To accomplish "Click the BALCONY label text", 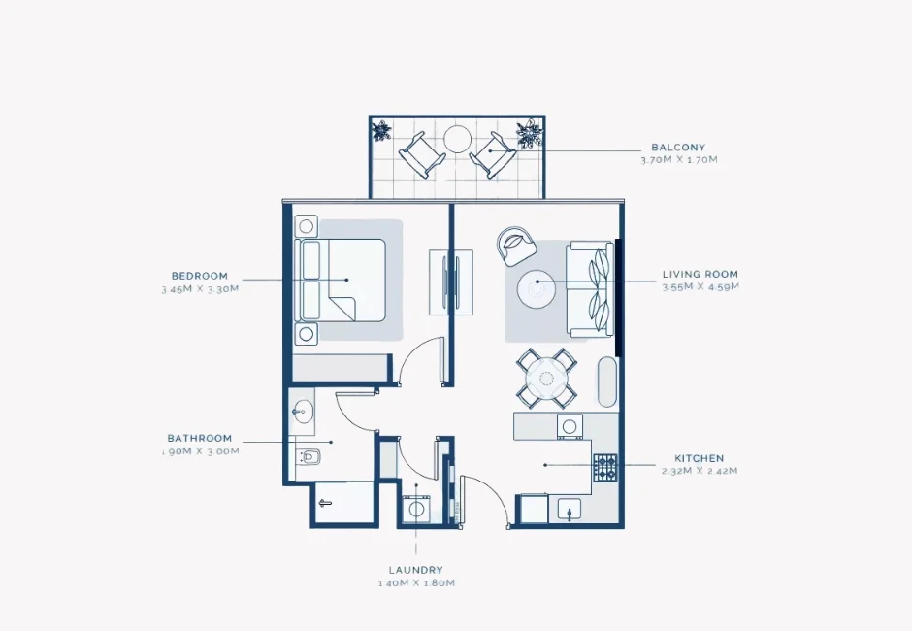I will pos(678,148).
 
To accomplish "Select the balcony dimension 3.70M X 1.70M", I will pos(678,160).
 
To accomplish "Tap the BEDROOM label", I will pos(200,276).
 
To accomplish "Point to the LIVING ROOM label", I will pos(700,275).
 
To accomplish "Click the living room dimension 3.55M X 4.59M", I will pos(700,287).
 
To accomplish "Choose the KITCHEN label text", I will pos(699,458).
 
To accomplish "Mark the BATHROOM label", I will pos(200,438).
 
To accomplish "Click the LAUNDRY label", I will pos(416,570).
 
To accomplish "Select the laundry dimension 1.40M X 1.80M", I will pos(416,583).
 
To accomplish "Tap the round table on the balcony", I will pos(457,140).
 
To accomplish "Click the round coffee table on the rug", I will pos(536,288).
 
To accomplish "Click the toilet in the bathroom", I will pos(309,455).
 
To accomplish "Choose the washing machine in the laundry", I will pos(418,509).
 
